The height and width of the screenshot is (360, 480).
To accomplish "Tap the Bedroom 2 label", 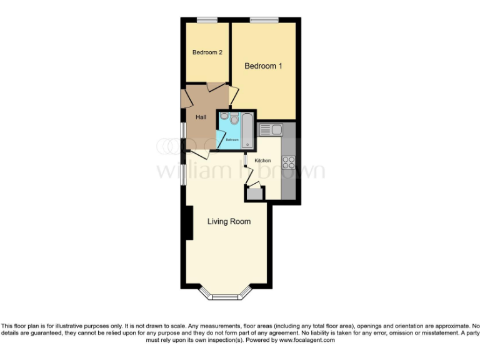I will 207,52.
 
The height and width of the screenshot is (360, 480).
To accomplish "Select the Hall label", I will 201,117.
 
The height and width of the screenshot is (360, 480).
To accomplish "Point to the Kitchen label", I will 262,161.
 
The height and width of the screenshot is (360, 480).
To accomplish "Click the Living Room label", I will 229,221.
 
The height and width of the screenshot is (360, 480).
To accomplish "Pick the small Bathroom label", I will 232,139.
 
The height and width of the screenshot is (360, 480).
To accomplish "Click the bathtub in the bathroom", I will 247,131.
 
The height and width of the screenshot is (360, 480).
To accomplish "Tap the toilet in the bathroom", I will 234,118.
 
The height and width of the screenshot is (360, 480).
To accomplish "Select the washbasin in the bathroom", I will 224,116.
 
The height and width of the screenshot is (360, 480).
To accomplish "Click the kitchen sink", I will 271,129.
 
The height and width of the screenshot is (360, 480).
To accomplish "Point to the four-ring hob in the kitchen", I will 289,162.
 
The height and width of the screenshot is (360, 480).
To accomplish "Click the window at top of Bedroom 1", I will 264,21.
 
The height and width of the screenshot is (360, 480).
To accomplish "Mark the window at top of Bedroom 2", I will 207,21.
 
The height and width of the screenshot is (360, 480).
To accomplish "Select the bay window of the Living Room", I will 226,294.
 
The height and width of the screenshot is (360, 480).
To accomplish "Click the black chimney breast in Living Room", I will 188,224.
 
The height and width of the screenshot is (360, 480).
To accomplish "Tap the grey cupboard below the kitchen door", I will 254,194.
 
